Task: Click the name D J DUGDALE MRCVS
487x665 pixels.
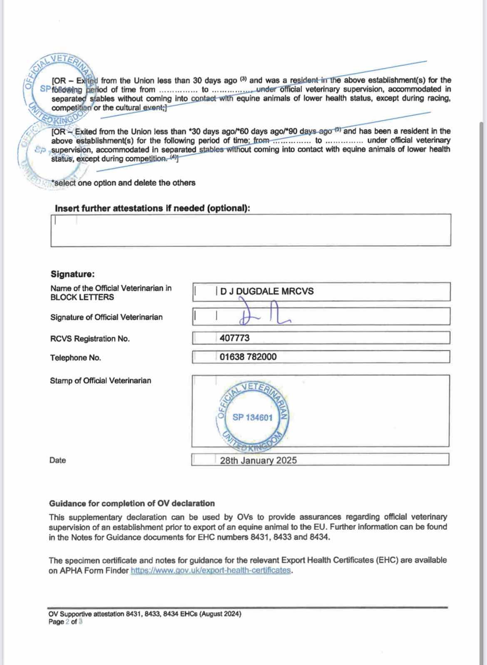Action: [267, 291]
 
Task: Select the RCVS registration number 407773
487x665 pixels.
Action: [234, 338]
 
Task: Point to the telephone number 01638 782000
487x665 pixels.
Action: [248, 357]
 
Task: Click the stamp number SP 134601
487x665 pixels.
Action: [252, 417]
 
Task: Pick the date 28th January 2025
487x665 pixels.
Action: [258, 460]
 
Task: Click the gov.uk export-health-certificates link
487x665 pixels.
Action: [211, 570]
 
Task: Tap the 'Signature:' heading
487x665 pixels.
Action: [72, 274]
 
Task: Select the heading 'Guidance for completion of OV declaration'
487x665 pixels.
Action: [132, 503]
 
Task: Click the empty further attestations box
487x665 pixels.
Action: [251, 230]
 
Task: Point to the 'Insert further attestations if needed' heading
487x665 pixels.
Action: [152, 208]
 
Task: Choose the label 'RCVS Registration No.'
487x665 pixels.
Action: [90, 339]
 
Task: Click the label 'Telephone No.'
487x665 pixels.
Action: [75, 358]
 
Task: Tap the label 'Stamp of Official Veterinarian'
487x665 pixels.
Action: [100, 381]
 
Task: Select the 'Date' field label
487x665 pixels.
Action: [57, 460]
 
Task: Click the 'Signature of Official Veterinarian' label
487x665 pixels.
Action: [106, 317]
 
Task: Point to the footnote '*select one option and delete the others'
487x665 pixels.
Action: [123, 183]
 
